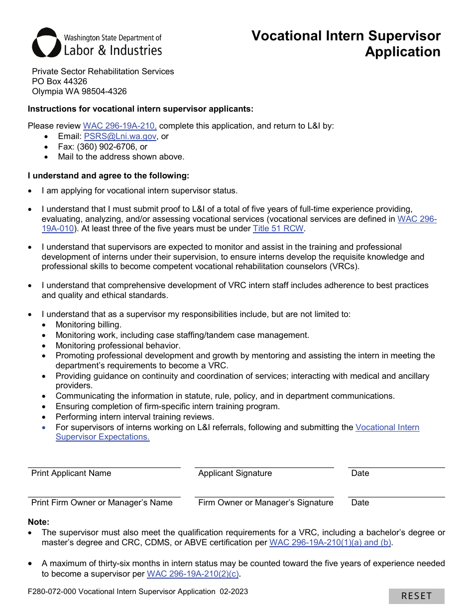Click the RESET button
pos(416,596)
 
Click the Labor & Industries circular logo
pos(47,43)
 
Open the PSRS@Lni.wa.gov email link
pos(120,136)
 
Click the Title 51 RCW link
pos(278,229)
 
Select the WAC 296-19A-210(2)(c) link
pos(193,574)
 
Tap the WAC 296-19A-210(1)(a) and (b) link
pos(330,543)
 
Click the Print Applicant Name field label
pos(71,473)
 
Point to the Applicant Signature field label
pos(235,473)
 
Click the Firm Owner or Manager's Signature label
pos(265,503)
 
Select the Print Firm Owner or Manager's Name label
pos(102,503)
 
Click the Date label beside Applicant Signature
pos(360,473)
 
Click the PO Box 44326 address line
pos(59,81)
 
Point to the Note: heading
pos(38,522)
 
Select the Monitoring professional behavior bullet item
pos(118,345)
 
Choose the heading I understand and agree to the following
pos(109,175)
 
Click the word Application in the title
pos(402,52)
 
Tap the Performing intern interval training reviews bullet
pos(134,417)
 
